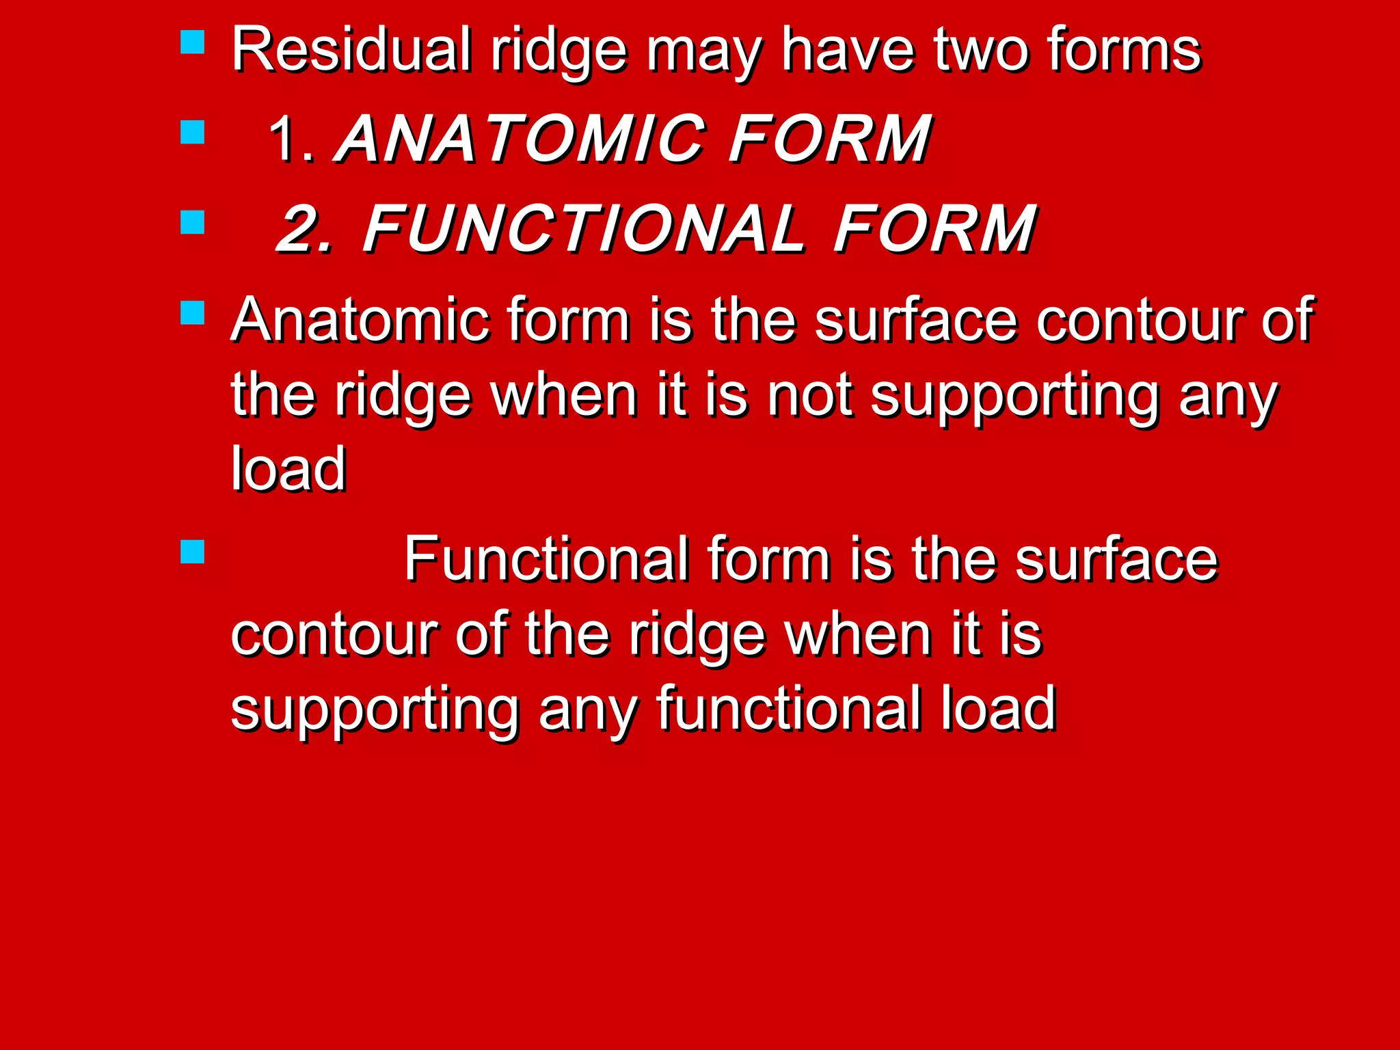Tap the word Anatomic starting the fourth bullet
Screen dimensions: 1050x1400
tap(360, 319)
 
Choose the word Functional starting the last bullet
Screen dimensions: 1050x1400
tap(546, 559)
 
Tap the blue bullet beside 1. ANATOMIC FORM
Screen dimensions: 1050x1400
tap(193, 132)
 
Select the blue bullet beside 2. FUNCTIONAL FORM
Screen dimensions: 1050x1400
tap(193, 222)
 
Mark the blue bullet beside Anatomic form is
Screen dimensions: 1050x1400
tap(193, 312)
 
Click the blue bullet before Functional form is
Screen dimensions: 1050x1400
tap(193, 552)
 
